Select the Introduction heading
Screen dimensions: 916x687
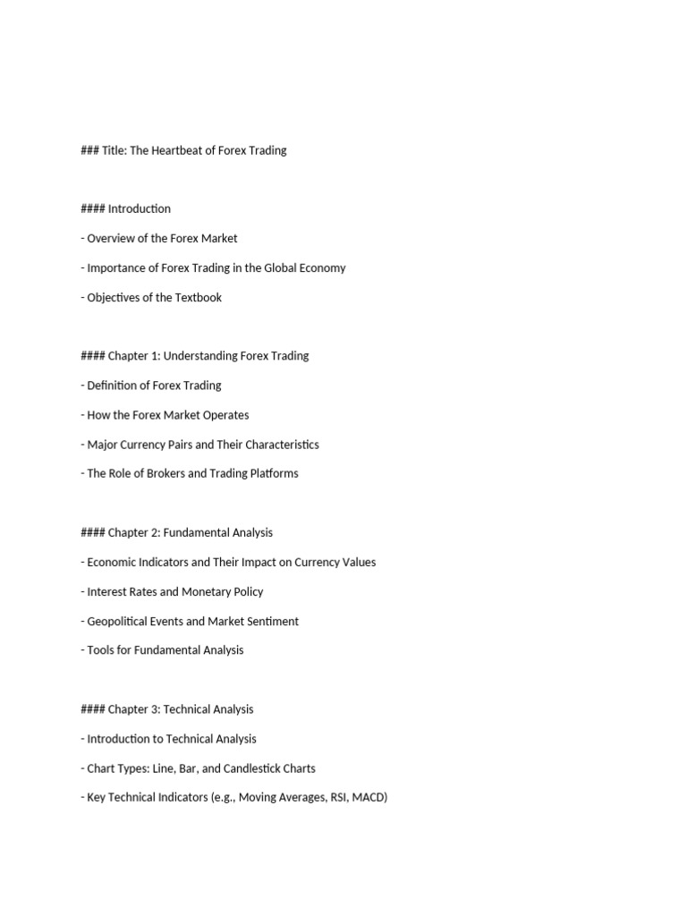point(139,208)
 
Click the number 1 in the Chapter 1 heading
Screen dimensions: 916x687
point(155,355)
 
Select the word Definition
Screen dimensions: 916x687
point(114,385)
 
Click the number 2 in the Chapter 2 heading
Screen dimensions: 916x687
point(155,532)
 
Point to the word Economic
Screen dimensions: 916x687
point(114,562)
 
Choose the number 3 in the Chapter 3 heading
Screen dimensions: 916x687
point(155,709)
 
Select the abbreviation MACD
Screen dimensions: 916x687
point(369,797)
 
